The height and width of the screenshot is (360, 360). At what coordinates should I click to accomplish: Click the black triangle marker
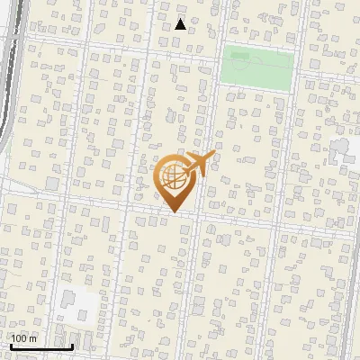181,24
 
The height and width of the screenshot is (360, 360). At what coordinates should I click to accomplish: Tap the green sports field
258,68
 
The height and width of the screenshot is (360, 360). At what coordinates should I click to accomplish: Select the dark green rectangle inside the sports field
239,55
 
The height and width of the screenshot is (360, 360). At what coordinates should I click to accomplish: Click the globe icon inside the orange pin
174,176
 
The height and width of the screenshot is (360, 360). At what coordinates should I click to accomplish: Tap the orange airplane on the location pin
199,164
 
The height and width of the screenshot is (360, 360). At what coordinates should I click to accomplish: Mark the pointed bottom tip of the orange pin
174,211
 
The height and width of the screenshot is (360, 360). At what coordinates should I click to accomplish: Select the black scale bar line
41,346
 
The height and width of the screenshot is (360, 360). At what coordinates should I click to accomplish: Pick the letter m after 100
33,338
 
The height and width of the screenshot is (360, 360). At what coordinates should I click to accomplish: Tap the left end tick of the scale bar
10,345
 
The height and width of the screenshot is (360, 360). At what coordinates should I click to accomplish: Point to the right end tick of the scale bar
73,345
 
